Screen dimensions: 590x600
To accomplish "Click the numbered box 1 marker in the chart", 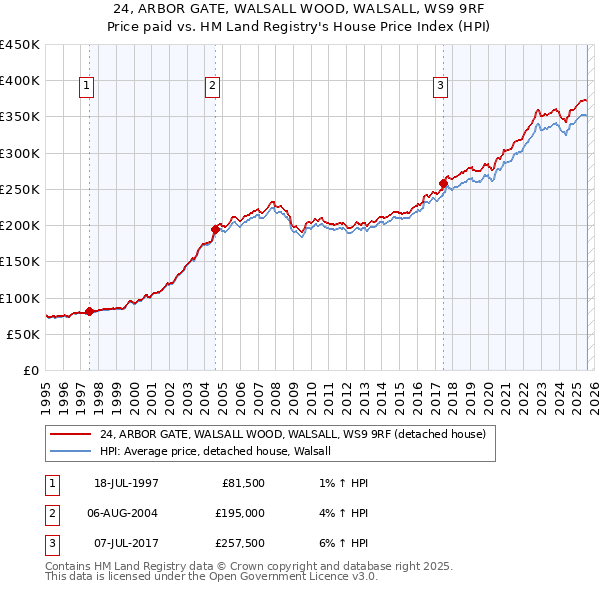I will (88, 87).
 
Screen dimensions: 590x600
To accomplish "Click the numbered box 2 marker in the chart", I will (213, 87).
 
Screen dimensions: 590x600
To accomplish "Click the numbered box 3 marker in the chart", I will (441, 87).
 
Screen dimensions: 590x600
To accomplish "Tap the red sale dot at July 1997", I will (89, 311).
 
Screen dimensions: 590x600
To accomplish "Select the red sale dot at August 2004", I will (214, 229).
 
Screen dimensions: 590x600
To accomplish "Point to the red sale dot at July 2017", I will (442, 183).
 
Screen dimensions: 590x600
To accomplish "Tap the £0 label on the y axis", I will (30, 370).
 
